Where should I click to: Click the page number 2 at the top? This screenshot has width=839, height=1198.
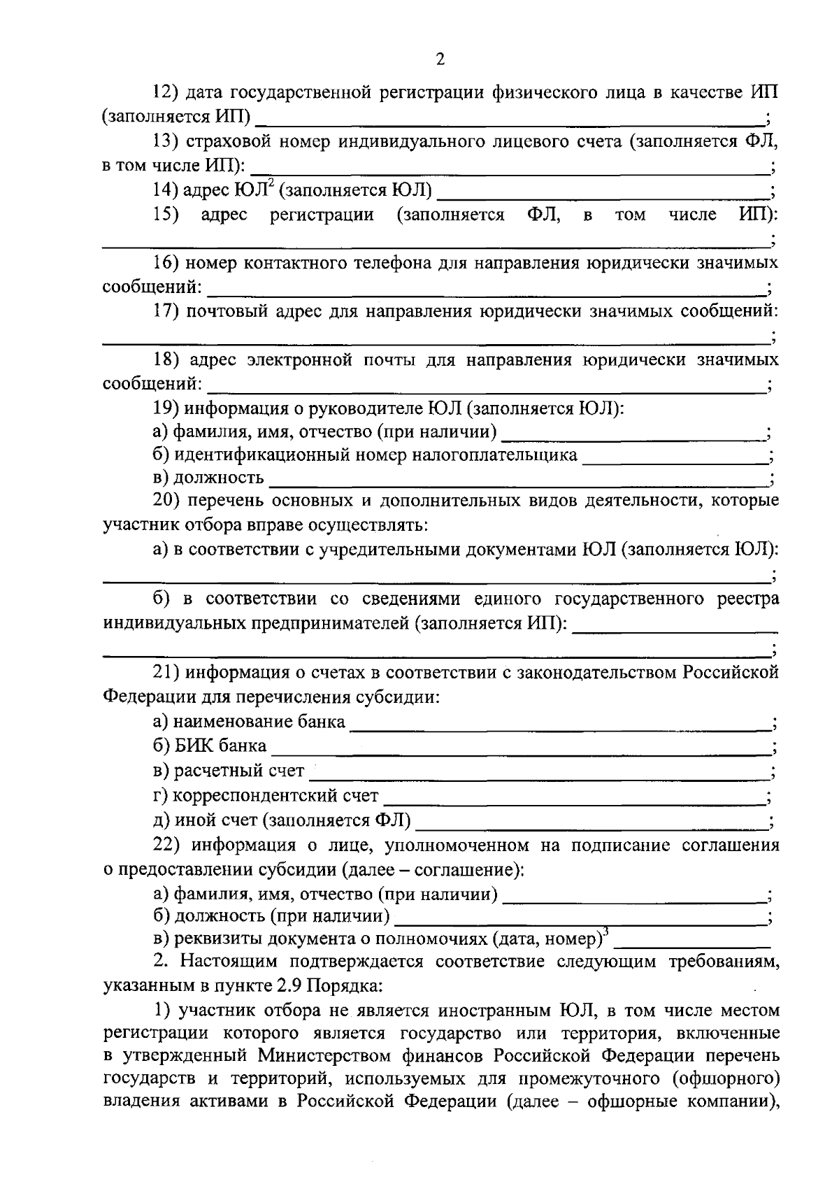click(x=440, y=60)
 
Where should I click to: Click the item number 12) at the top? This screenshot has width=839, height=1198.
click(x=167, y=92)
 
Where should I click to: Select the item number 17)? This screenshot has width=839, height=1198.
click(x=167, y=311)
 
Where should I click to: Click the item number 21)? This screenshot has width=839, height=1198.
click(x=167, y=673)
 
